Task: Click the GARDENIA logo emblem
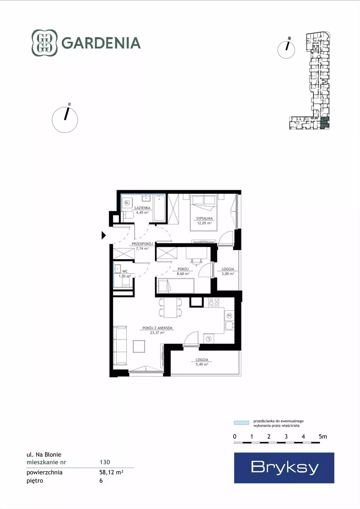coord(45,43)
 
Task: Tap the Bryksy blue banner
coord(284,468)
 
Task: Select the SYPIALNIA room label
coord(205,218)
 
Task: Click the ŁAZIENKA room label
coord(142,208)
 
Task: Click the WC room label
coord(125,272)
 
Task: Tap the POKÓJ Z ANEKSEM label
coord(157,328)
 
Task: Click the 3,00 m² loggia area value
coord(228,274)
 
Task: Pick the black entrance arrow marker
coord(104,235)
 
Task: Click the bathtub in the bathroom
coord(159,208)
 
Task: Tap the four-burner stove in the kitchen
coord(213,302)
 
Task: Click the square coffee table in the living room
coord(139,346)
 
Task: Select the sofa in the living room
coord(120,346)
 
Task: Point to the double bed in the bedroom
coord(204,212)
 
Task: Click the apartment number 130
coord(105,462)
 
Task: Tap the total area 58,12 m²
coord(111,472)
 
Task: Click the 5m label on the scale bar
coord(323,437)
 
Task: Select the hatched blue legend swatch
coord(242,423)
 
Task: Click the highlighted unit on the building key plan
coord(325,123)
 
